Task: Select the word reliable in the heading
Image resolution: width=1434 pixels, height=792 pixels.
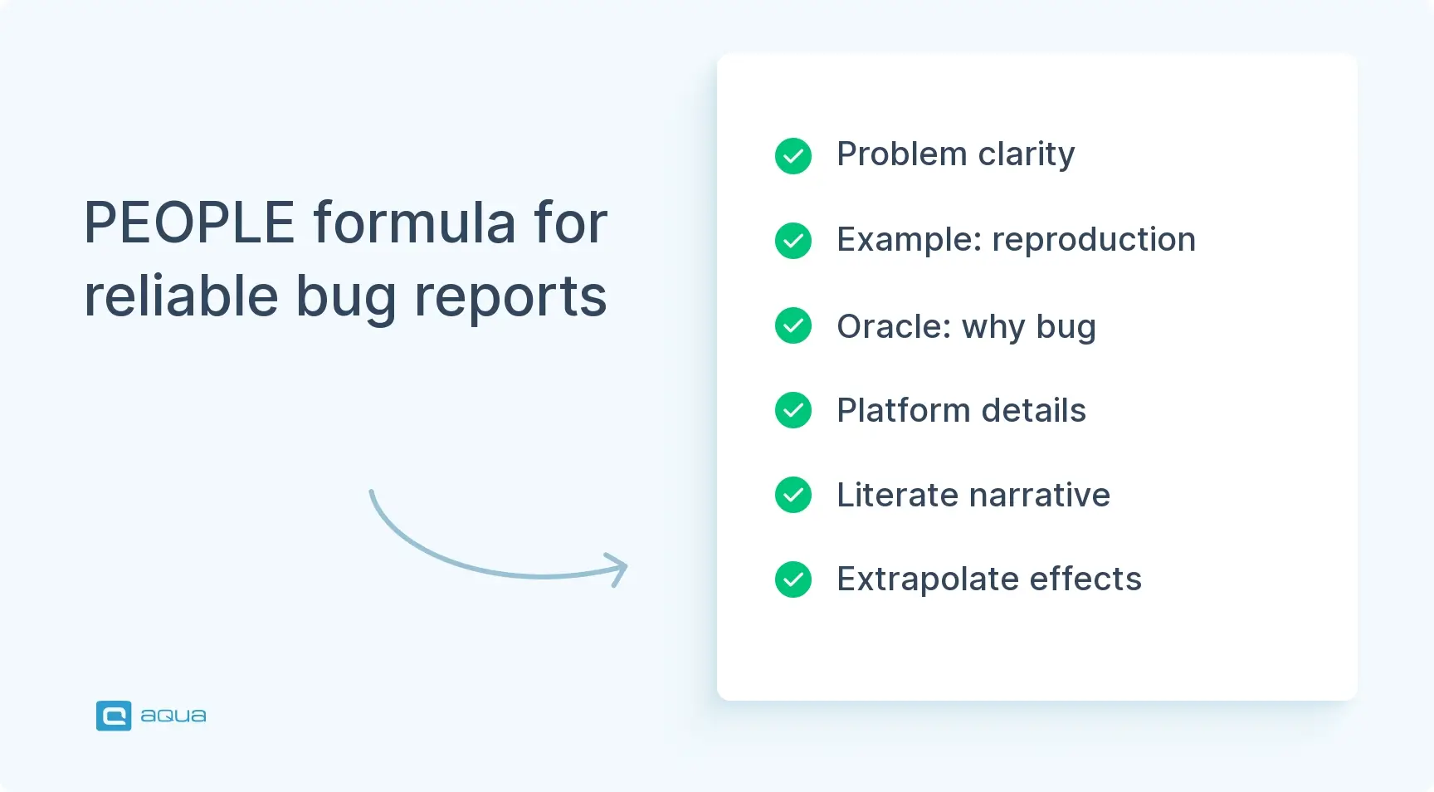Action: click(181, 296)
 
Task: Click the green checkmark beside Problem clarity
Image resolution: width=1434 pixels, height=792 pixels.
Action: click(793, 156)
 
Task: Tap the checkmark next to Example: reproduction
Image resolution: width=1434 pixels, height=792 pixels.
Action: click(793, 241)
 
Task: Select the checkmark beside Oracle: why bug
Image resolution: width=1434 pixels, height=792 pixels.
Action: click(793, 325)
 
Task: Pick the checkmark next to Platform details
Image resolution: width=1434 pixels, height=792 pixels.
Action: click(793, 410)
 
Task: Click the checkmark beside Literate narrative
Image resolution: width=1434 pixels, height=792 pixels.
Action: click(793, 495)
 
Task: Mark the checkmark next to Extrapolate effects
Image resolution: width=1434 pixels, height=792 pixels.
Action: click(793, 579)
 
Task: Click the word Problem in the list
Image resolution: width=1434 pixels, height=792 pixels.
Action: click(901, 154)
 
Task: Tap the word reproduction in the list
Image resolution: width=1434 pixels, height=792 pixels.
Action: click(1094, 240)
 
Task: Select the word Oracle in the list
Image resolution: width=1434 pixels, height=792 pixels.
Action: click(894, 326)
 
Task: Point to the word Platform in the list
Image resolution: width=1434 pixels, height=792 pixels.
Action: click(903, 411)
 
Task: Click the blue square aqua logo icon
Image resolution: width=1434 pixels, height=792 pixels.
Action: click(114, 716)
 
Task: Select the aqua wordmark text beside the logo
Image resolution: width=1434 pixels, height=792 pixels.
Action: click(173, 716)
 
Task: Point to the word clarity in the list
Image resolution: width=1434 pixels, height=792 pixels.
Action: click(1026, 154)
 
